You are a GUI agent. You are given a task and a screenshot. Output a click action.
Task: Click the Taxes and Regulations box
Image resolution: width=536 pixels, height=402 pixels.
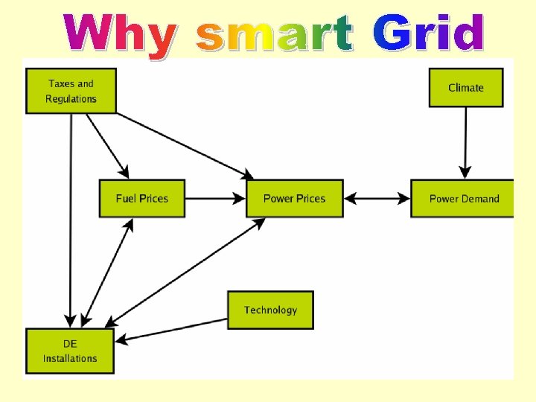[x=71, y=91]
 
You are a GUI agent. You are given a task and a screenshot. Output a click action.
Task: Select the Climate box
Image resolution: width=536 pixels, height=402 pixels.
[x=466, y=88]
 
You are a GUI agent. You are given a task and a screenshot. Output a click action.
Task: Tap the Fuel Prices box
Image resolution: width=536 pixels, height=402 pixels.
[x=142, y=199]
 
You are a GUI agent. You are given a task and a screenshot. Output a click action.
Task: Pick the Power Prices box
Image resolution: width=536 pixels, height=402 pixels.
[x=295, y=199]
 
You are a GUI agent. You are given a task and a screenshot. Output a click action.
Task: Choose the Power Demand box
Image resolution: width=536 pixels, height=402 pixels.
[x=463, y=199]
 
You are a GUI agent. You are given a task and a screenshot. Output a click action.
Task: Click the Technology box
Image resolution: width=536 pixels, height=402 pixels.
[x=270, y=310]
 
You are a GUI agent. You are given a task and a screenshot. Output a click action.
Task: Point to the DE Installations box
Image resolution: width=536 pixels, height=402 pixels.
[x=70, y=351]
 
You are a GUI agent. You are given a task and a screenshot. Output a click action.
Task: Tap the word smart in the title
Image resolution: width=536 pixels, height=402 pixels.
[x=274, y=35]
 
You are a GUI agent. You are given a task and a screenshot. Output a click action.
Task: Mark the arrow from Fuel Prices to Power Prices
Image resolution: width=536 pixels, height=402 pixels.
[x=215, y=199]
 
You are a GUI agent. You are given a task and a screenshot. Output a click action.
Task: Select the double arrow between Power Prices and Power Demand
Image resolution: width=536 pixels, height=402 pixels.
[x=377, y=199]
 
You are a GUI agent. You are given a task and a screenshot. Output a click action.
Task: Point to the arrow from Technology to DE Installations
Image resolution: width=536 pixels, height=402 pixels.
[x=173, y=331]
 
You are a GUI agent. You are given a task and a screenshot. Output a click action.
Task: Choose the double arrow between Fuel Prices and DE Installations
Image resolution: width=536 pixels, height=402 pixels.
[x=107, y=272]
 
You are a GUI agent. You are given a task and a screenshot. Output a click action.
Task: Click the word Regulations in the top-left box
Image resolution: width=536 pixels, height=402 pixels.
[x=71, y=99]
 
